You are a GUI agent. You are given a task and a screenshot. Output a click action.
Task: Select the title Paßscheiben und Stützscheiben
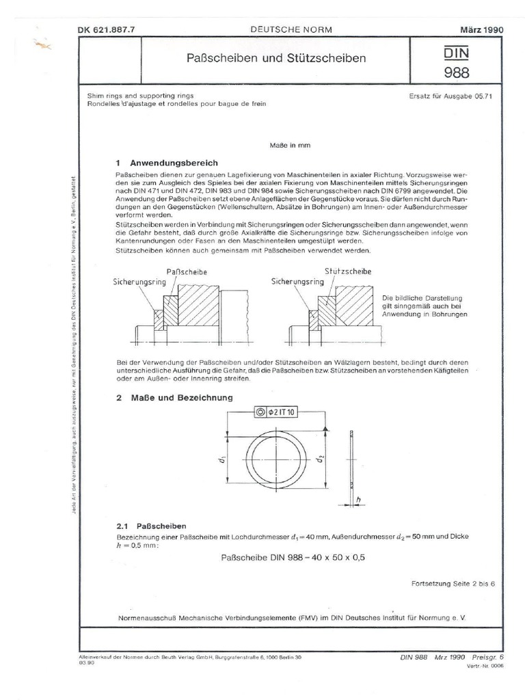point(276,59)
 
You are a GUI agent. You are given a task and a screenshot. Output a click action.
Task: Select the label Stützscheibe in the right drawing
point(347,271)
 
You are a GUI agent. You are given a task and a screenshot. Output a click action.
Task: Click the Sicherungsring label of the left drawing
point(135,281)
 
